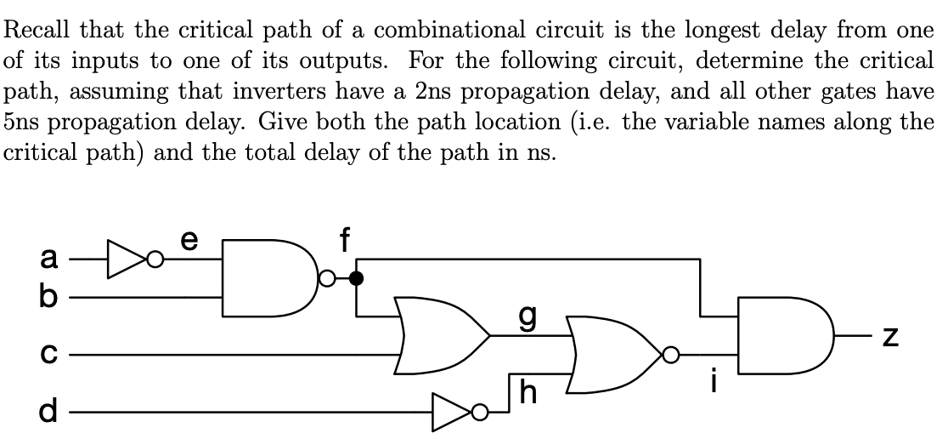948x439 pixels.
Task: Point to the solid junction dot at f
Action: pyautogui.click(x=357, y=277)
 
